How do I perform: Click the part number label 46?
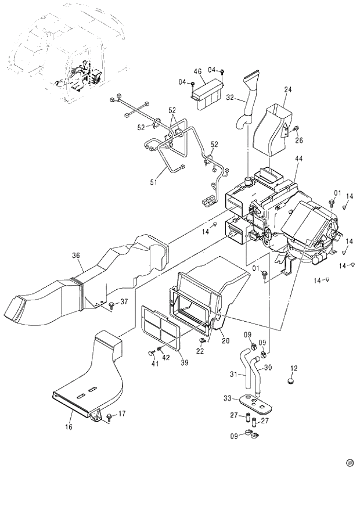click(x=197, y=71)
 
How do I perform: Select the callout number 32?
click(x=230, y=98)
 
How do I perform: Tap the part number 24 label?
click(x=288, y=89)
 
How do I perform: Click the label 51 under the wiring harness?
click(x=154, y=182)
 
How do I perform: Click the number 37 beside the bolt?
click(x=123, y=301)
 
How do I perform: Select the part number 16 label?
click(x=69, y=427)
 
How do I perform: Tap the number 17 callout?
click(x=122, y=413)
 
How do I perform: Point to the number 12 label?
click(x=294, y=368)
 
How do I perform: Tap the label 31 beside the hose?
click(x=233, y=375)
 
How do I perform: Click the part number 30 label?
click(x=268, y=367)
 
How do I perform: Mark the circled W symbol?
click(x=350, y=463)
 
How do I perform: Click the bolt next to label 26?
click(x=294, y=128)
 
